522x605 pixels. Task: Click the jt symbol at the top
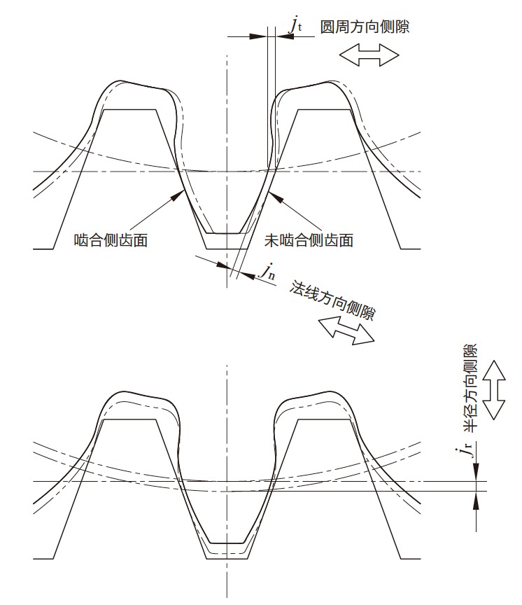[296, 25]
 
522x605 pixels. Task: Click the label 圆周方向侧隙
[365, 27]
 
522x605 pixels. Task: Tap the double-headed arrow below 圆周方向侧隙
[369, 55]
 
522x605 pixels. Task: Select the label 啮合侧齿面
[111, 240]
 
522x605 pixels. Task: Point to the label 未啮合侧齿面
[309, 240]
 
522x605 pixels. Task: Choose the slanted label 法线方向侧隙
[332, 300]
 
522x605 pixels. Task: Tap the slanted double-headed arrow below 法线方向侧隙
[346, 331]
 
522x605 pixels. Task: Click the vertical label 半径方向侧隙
[470, 387]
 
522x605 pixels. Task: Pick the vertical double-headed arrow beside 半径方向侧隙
[494, 390]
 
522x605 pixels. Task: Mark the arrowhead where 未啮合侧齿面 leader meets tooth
[276, 196]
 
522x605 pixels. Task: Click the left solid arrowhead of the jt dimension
[258, 36]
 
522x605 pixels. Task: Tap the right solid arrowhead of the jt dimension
[285, 36]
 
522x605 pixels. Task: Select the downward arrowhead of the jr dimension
[477, 472]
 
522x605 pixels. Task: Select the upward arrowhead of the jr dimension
[477, 501]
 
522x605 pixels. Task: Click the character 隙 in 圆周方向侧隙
[402, 27]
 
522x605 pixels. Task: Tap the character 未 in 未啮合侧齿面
[271, 240]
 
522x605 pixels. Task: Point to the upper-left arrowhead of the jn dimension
[223, 265]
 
